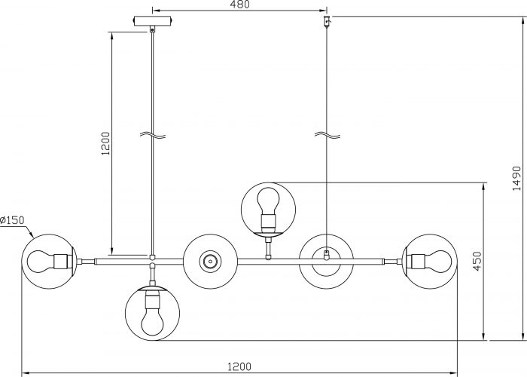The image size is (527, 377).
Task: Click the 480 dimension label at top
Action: [x=239, y=5]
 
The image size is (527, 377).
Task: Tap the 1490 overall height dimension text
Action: [x=516, y=178]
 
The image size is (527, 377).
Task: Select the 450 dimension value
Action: [x=477, y=261]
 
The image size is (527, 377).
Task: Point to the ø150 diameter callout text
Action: [x=13, y=220]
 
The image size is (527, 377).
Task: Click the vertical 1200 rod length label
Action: [x=105, y=143]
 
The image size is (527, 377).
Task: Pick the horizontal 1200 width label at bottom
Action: [x=239, y=366]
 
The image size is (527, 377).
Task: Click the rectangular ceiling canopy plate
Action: [x=153, y=21]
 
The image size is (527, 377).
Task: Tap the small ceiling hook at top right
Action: [x=327, y=22]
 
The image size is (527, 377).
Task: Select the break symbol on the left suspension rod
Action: [x=153, y=135]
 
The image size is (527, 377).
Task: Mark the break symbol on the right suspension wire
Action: [x=327, y=135]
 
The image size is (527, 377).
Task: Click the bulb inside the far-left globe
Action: [x=41, y=262]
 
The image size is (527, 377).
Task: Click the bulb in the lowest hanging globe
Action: [x=152, y=320]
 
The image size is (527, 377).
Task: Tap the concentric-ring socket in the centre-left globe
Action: [x=210, y=262]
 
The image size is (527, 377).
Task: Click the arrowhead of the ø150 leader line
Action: [x=32, y=234]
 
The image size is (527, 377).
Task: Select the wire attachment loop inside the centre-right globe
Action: [x=326, y=255]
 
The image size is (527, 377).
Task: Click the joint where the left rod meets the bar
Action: [x=152, y=258]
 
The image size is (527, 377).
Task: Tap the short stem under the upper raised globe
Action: [x=268, y=248]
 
